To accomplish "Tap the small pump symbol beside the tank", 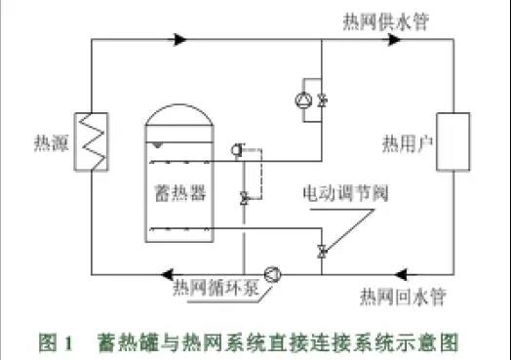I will click(239, 149).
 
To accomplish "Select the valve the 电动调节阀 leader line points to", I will click(323, 252).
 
